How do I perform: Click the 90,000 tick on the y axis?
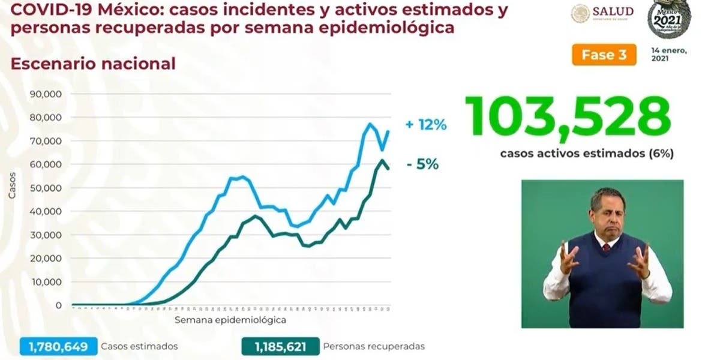[49, 94]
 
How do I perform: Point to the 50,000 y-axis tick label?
[49, 188]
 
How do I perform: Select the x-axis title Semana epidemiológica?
[230, 320]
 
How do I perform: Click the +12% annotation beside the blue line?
[426, 125]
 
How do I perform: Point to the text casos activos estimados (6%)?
[587, 153]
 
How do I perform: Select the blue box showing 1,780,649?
[58, 346]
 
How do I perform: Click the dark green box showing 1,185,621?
[280, 346]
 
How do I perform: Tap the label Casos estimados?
[139, 346]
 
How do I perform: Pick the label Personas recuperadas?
[374, 346]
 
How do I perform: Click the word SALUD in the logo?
[613, 11]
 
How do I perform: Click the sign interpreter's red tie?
[606, 247]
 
